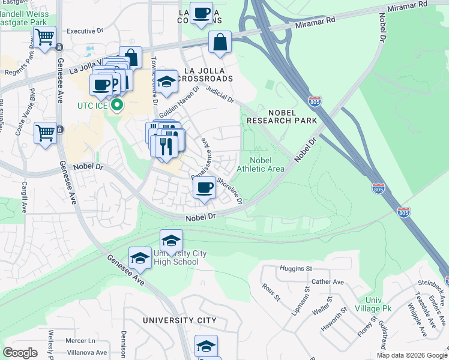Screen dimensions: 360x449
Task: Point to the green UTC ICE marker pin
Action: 118,107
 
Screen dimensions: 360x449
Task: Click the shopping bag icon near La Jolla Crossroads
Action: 220,43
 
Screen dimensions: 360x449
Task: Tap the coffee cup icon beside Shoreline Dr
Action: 204,188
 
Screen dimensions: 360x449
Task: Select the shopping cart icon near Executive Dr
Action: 45,37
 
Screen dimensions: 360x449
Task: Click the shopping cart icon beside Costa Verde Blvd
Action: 45,133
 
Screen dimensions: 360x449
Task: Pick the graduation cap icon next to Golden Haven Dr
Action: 167,82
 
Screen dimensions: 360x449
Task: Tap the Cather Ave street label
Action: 327,281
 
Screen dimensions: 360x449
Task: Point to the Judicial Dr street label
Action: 219,95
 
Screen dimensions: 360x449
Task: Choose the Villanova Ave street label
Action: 86,353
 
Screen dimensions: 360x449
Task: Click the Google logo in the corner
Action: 20,353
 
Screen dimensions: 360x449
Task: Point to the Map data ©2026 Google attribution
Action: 411,355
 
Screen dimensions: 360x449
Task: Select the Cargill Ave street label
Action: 25,197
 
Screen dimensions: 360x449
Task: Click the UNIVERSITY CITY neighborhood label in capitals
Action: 179,320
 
